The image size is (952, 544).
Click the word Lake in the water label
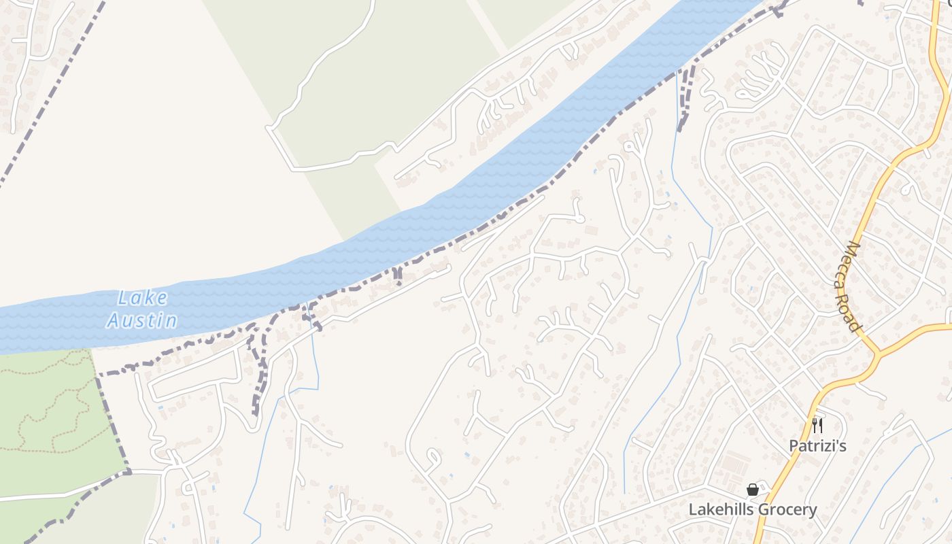[142, 298]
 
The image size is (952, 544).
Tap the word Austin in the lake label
[142, 320]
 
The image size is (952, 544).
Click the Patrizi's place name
[817, 446]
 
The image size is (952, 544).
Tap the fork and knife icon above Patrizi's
[817, 426]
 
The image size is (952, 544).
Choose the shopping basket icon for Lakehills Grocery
[753, 490]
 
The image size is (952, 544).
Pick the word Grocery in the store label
[785, 509]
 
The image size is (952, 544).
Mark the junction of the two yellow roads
[877, 354]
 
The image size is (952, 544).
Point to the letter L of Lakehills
[693, 509]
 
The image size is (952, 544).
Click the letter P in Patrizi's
[794, 446]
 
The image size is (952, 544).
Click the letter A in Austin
[114, 320]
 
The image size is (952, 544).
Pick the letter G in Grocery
[761, 509]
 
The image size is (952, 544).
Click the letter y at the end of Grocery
[813, 511]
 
